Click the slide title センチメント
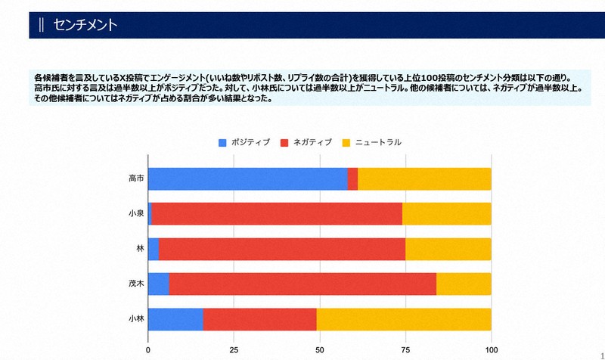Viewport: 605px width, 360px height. click(85, 25)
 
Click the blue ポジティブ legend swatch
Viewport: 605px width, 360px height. click(222, 142)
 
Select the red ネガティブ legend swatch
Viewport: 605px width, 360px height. click(285, 142)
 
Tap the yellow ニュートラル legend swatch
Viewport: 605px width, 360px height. click(348, 142)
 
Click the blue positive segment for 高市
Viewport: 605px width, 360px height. click(247, 178)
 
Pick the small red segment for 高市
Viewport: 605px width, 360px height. click(352, 178)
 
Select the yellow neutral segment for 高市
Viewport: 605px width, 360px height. click(424, 178)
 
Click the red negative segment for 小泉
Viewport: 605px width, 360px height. click(277, 213)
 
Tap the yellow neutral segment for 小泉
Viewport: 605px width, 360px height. click(446, 213)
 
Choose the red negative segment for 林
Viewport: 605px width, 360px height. click(281, 249)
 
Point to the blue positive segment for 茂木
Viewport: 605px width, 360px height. click(158, 284)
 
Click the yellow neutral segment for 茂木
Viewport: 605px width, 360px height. click(464, 284)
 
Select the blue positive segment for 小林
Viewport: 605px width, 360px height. click(175, 319)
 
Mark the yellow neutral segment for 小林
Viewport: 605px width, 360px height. click(404, 319)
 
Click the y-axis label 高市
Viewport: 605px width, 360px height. click(136, 178)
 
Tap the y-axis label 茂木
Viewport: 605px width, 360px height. click(136, 284)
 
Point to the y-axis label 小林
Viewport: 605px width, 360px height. click(136, 319)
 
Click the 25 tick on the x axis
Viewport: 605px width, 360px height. click(234, 350)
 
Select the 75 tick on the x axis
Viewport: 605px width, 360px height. click(405, 350)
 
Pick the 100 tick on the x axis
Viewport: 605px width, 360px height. click(492, 350)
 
